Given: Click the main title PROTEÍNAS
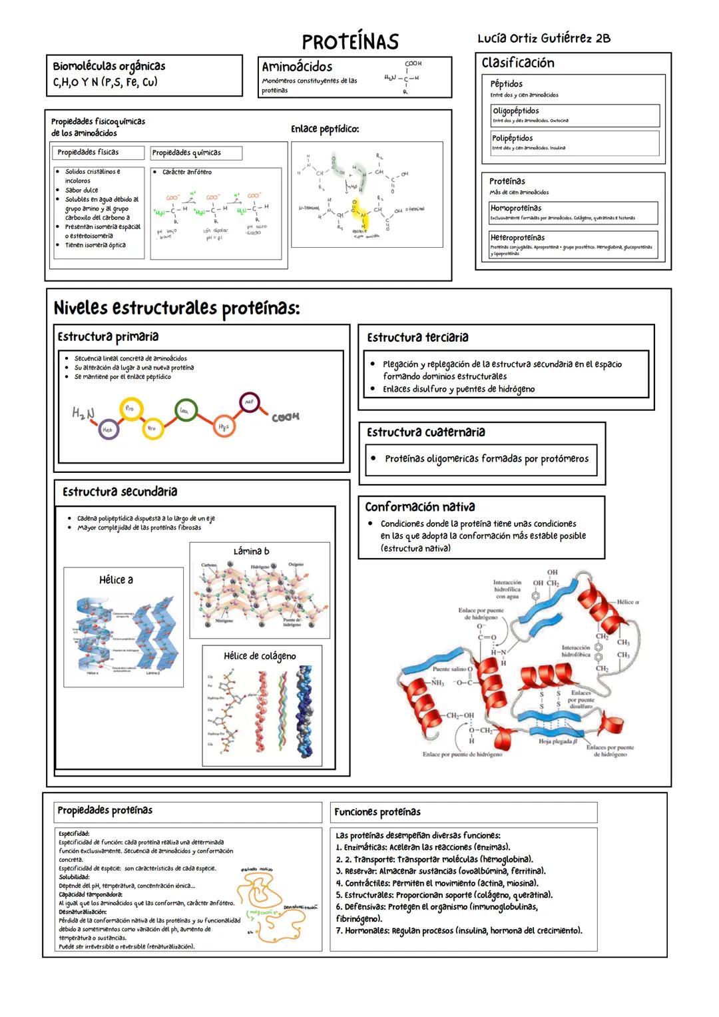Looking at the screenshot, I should pyautogui.click(x=350, y=41).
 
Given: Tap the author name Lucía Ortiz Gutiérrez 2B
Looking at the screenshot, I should pyautogui.click(x=543, y=38).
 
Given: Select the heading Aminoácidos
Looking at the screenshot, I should pyautogui.click(x=297, y=67).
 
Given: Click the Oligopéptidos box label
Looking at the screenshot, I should pyautogui.click(x=515, y=111).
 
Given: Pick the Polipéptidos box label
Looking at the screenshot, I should pyautogui.click(x=512, y=138).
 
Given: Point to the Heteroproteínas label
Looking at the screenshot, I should pyautogui.click(x=517, y=237).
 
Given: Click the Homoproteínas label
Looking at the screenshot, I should pyautogui.click(x=516, y=208).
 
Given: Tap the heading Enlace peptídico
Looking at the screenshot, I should pyautogui.click(x=325, y=129).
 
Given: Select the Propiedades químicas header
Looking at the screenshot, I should pyautogui.click(x=186, y=153).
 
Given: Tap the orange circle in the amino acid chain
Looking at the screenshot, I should pyautogui.click(x=223, y=427).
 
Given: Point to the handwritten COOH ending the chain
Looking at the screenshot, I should pyautogui.click(x=286, y=417).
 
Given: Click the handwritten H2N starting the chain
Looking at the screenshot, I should pyautogui.click(x=83, y=413).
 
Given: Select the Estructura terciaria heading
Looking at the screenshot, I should pyautogui.click(x=417, y=338).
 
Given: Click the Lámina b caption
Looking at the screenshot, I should pyautogui.click(x=251, y=551).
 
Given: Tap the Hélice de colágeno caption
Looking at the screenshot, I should pyautogui.click(x=260, y=656).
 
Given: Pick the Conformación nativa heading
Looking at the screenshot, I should pyautogui.click(x=419, y=507).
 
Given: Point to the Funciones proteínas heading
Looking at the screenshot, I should pyautogui.click(x=377, y=812).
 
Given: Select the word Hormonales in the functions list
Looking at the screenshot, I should pyautogui.click(x=367, y=930).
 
